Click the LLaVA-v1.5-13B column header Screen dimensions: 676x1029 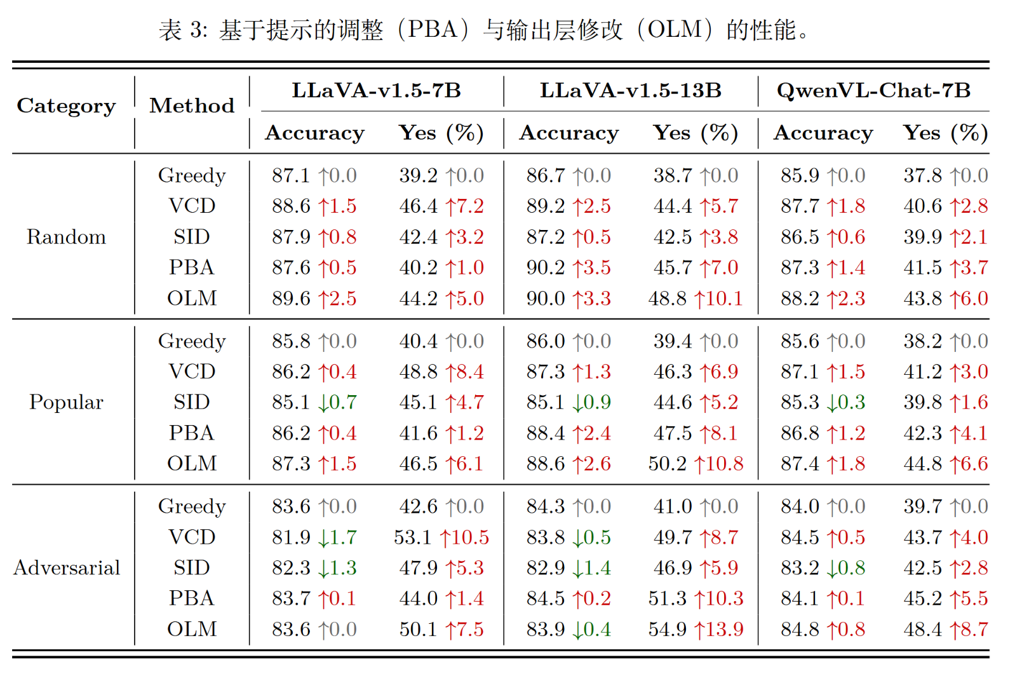coord(630,91)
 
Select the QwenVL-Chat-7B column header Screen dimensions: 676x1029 coord(873,91)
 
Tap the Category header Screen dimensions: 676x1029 coord(66,105)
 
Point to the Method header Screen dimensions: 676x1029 coord(192,105)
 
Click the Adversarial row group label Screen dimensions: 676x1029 coord(67,567)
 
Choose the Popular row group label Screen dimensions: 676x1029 coord(66,402)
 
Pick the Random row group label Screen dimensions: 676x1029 coord(66,237)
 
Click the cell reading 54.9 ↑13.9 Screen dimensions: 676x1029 coord(696,629)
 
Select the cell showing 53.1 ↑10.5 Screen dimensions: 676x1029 coord(441,537)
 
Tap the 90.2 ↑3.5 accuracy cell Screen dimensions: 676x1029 coord(568,267)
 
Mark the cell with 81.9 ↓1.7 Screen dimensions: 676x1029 coord(314,537)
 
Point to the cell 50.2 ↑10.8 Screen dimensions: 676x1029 coord(696,464)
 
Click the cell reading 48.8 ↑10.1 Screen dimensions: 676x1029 coord(696,299)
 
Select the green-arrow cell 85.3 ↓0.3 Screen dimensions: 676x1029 coord(823,402)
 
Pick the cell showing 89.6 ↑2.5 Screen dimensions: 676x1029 coord(314,299)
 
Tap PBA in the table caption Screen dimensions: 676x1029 coord(432,30)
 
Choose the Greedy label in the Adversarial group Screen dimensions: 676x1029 coord(192,506)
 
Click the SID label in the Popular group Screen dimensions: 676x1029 coord(192,402)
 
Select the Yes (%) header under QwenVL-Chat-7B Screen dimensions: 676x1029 coord(945,133)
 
